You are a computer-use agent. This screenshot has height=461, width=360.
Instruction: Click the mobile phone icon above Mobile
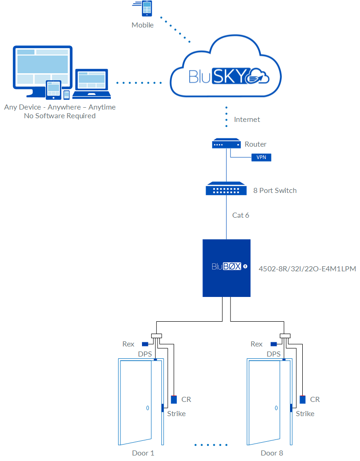click(x=147, y=9)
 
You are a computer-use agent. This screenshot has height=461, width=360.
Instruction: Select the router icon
click(x=226, y=144)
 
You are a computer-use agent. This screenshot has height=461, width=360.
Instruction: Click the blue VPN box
click(x=261, y=158)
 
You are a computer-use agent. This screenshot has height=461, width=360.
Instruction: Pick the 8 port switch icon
click(x=226, y=189)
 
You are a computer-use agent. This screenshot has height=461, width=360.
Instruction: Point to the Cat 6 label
click(x=241, y=215)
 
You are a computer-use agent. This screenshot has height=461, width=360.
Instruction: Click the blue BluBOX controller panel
click(x=226, y=268)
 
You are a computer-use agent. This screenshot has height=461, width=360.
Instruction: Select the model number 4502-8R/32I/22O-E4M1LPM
click(x=307, y=268)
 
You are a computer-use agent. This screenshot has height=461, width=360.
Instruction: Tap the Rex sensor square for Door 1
click(x=145, y=344)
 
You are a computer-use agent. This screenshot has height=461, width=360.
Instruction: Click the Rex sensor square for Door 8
click(x=273, y=344)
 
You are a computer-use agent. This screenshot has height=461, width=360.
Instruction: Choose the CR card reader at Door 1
click(x=174, y=399)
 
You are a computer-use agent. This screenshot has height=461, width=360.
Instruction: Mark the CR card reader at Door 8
click(x=303, y=399)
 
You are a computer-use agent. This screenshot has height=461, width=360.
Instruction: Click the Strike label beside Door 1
click(x=176, y=413)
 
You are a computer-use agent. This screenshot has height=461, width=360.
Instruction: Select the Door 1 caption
click(x=143, y=453)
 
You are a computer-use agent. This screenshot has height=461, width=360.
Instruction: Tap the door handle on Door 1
click(x=147, y=407)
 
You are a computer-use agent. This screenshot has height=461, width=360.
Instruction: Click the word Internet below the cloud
click(x=247, y=119)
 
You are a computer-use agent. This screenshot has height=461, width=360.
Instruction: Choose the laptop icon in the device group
click(x=92, y=83)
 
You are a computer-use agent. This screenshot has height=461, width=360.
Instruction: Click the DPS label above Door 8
click(x=273, y=354)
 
